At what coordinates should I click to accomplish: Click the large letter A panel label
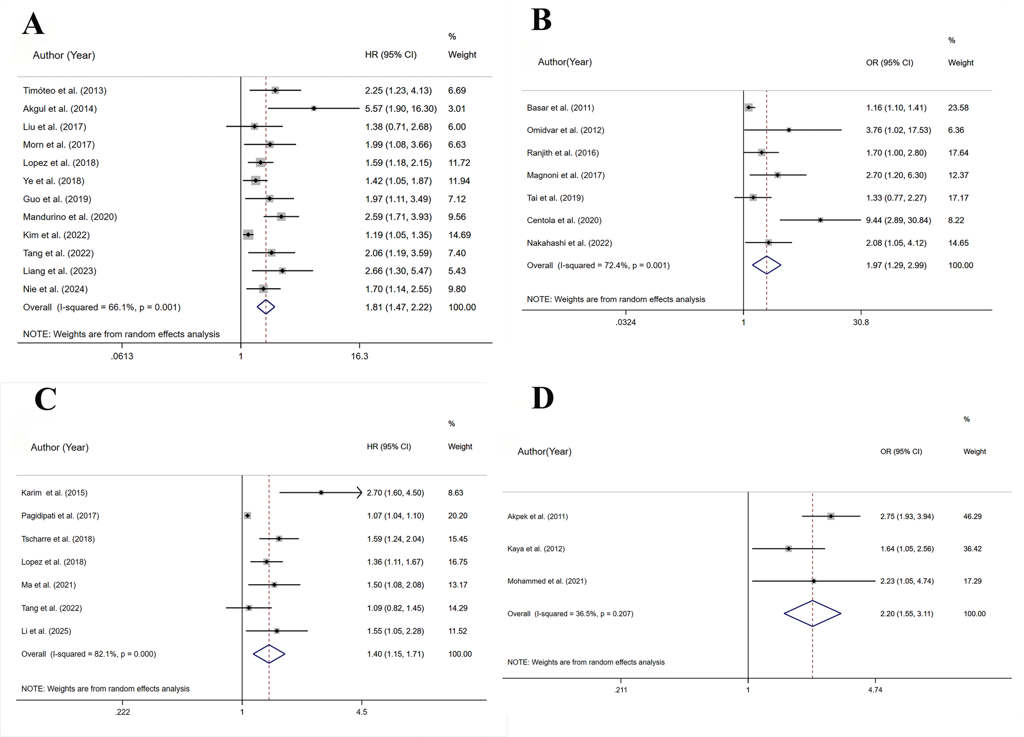tap(33, 24)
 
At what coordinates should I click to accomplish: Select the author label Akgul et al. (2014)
tap(60, 109)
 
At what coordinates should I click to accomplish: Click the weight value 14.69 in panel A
tap(459, 235)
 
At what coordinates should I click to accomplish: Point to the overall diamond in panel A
tap(266, 307)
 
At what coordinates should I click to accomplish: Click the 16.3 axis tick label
tap(360, 356)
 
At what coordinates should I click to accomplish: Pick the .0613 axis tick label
tap(122, 356)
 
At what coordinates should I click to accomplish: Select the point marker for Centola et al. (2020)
tap(820, 220)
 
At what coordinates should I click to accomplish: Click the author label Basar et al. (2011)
tap(560, 108)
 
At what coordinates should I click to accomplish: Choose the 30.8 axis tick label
tap(861, 322)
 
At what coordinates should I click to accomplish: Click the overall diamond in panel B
tap(767, 265)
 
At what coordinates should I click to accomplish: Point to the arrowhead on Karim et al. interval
tap(360, 492)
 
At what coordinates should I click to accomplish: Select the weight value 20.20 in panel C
tap(458, 516)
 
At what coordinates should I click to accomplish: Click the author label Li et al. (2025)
tap(46, 631)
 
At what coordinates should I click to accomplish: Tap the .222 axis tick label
tap(122, 712)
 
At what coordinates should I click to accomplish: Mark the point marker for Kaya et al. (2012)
tap(788, 549)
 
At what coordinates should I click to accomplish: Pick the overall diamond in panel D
tap(812, 614)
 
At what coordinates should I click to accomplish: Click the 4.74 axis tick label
tap(875, 690)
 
